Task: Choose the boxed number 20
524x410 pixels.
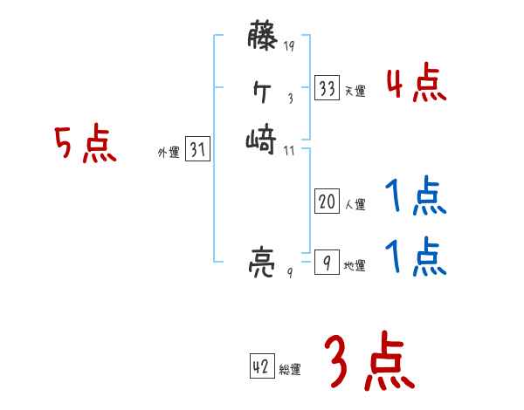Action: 327,202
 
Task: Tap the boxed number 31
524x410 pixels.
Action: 197,150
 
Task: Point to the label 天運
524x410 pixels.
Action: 355,91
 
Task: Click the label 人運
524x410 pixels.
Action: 355,205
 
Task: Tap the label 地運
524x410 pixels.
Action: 355,265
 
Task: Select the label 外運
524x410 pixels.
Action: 169,153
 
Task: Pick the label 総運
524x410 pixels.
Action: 290,371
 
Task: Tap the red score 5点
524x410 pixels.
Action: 86,144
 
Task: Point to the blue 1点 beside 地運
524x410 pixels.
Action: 416,258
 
